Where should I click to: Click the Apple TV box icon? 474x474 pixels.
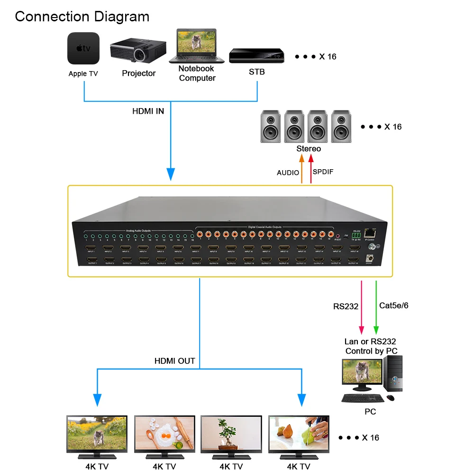(x=83, y=48)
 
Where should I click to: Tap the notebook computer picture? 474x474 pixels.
(x=197, y=46)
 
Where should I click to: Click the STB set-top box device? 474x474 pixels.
(x=257, y=56)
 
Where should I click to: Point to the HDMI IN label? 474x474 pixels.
(x=148, y=111)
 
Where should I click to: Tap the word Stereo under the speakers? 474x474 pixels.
(x=309, y=149)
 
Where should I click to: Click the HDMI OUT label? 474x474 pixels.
(x=174, y=361)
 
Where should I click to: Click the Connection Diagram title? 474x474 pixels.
(x=82, y=17)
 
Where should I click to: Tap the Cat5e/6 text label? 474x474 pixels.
(x=394, y=306)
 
